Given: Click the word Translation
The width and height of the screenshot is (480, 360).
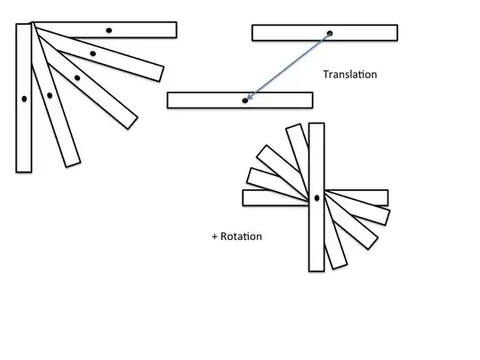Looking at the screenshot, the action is pos(350,75).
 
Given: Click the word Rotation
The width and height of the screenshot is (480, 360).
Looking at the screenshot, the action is pos(241,236).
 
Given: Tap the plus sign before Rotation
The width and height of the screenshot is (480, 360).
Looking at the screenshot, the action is pos(214,236).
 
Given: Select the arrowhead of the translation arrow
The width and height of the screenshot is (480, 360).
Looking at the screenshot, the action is pos(249,96).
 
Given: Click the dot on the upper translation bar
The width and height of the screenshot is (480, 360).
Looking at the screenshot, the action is pos(330,33).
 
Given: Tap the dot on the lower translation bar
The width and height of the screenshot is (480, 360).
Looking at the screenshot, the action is pos(245,100).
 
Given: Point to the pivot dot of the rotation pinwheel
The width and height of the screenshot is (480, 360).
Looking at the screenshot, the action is pos(316,198).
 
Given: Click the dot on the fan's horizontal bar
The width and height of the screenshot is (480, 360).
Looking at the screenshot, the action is pos(108,30).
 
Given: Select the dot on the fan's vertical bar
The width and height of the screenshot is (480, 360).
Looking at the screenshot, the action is pos(24,99).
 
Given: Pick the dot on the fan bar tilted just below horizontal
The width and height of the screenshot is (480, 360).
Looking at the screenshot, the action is pos(92,53).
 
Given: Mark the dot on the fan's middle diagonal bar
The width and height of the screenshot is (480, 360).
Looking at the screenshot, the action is pos(77,78).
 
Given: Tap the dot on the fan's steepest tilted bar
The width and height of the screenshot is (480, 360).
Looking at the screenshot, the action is pos(50,95).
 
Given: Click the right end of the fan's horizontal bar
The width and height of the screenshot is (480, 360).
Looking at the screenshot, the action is pos(177,30).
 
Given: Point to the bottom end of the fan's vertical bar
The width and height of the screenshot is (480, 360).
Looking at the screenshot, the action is pos(24,172).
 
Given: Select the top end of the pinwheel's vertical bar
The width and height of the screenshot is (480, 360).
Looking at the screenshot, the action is pos(316,124).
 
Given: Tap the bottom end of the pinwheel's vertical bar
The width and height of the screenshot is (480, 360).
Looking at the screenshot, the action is pos(316,271).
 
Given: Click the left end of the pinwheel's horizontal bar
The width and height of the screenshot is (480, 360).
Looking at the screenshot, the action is pos(243,197).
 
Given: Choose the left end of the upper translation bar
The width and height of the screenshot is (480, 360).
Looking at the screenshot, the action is pos(252,33).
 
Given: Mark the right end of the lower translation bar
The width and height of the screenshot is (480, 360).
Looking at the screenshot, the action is pos(312,100).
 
